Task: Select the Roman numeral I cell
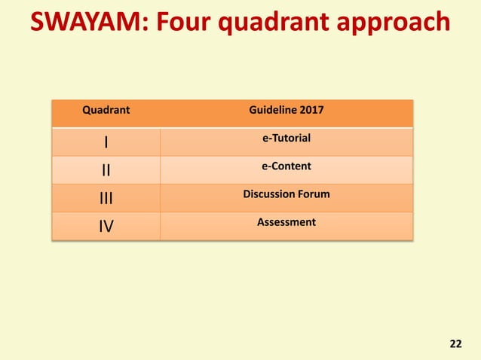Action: pos(106,142)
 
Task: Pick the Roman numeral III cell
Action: pos(106,198)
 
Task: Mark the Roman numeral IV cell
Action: pos(106,226)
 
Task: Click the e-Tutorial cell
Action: pos(286,138)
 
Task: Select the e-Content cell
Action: pos(286,166)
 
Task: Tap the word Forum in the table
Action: pos(314,194)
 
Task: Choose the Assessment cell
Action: pos(286,222)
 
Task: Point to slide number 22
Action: pos(455,344)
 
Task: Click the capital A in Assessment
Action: pos(261,222)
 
